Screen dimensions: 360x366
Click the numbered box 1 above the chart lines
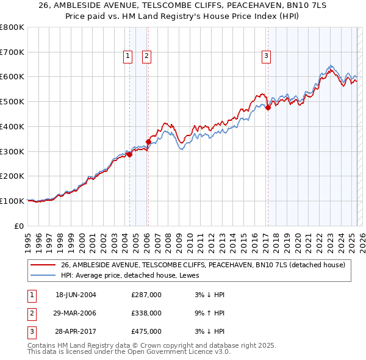click(x=128, y=56)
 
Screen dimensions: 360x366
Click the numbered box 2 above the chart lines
click(x=147, y=56)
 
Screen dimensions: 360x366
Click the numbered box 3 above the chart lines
click(x=267, y=56)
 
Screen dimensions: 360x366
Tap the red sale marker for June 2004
click(x=129, y=154)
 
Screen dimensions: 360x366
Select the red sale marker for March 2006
click(x=148, y=142)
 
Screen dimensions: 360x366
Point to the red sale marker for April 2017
click(x=267, y=108)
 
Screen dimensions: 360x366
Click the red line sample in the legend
click(x=42, y=265)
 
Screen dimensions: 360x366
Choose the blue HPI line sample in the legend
click(x=42, y=275)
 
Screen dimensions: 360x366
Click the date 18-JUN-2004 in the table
click(x=76, y=295)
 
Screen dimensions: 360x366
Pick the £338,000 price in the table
click(x=146, y=313)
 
